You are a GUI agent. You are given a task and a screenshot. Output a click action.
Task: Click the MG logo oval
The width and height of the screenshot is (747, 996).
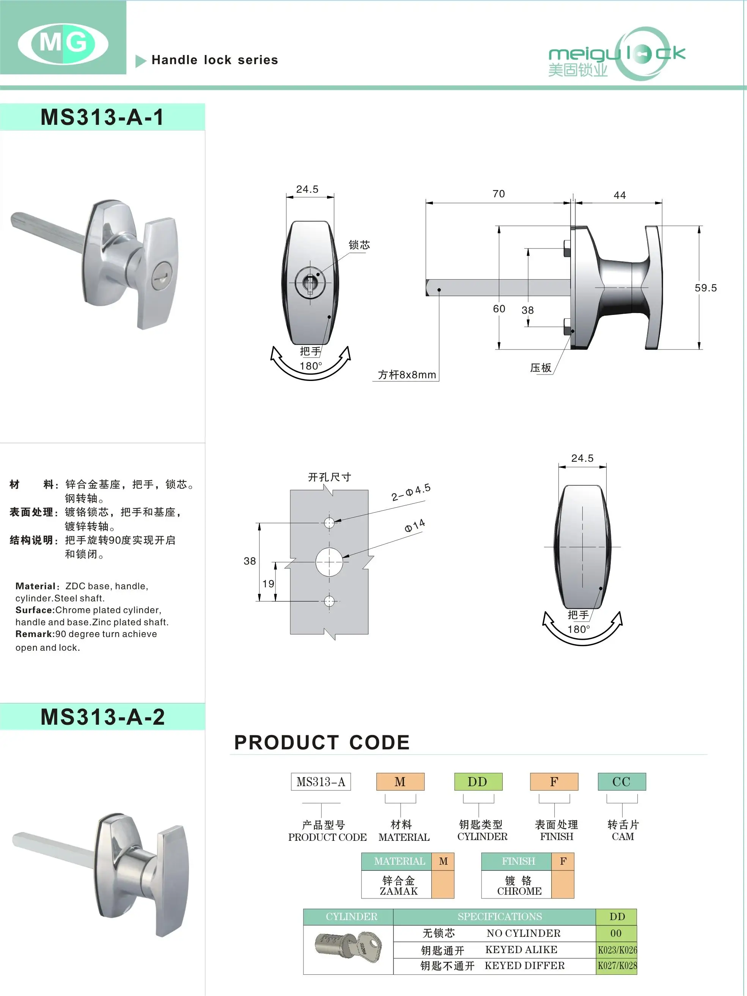point(63,44)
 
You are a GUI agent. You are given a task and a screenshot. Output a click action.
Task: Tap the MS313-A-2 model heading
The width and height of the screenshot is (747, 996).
point(103,717)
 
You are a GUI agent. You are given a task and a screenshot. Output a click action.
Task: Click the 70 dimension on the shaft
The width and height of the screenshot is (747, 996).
point(499,194)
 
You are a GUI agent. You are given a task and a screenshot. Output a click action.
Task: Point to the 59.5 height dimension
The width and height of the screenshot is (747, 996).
point(705,288)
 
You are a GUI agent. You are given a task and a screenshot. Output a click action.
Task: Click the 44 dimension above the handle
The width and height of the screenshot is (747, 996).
point(620,195)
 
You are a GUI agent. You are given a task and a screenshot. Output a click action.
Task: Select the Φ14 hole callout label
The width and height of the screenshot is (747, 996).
point(415,526)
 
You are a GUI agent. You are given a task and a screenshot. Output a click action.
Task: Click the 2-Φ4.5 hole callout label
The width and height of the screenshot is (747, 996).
point(410,492)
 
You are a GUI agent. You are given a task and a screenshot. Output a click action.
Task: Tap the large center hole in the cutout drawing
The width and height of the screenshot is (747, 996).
point(329,562)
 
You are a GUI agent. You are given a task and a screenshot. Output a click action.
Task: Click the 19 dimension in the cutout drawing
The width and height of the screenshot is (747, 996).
point(268,584)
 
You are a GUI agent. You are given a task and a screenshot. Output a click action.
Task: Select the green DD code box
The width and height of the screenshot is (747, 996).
point(478,782)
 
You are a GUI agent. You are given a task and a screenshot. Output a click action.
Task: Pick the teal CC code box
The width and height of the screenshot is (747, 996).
point(621,782)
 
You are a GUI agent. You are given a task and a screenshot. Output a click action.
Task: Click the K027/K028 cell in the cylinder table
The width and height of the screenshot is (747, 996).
point(617,965)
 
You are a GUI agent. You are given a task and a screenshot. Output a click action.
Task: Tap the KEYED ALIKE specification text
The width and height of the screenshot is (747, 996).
point(521,950)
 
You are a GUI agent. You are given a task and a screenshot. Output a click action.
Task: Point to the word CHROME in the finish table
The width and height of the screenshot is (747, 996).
point(519,891)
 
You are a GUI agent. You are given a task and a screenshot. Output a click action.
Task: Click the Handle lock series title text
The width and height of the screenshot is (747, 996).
point(215,60)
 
